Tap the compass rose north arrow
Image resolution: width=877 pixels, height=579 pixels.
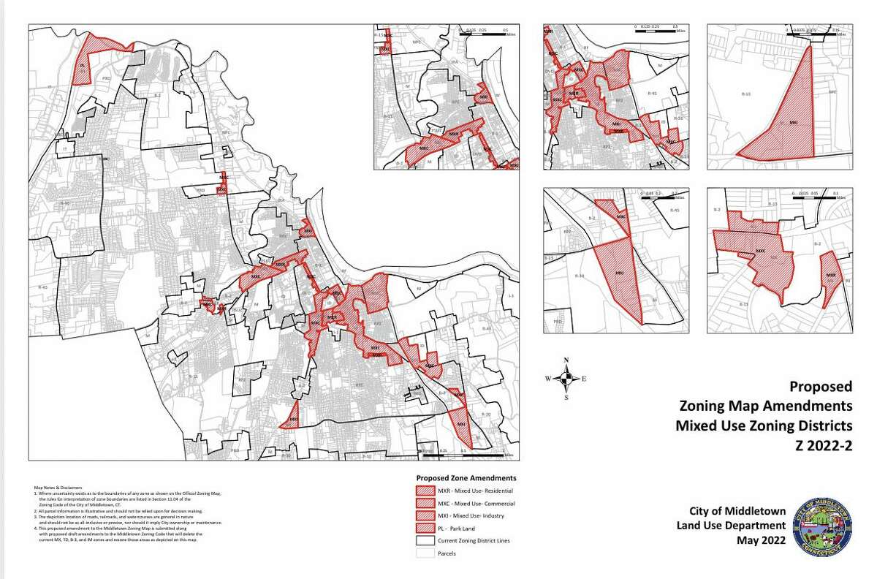click(565, 377)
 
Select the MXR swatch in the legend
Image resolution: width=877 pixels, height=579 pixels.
click(423, 491)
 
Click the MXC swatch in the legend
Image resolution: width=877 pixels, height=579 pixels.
click(423, 504)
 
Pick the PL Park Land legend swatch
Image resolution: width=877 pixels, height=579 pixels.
click(423, 529)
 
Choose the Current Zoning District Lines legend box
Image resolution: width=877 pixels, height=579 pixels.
click(423, 541)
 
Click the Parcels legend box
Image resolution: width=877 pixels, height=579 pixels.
click(423, 553)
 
